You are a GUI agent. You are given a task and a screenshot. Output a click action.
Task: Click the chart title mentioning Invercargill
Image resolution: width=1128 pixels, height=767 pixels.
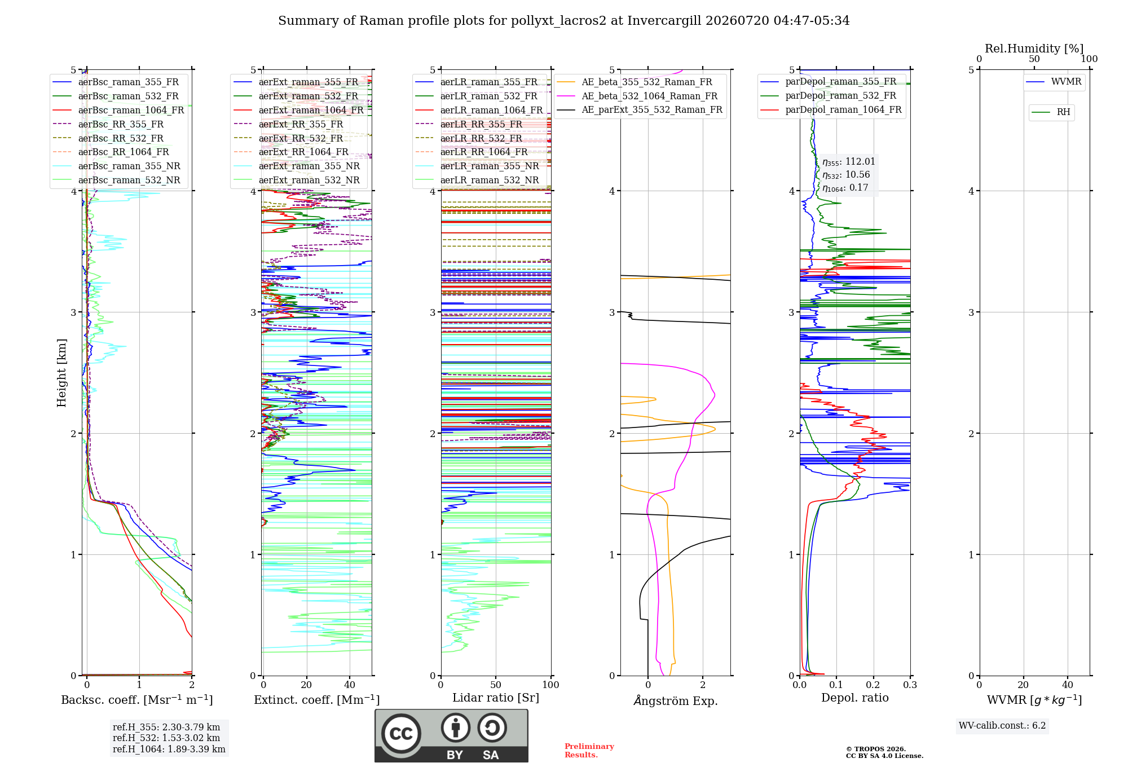pos(563,21)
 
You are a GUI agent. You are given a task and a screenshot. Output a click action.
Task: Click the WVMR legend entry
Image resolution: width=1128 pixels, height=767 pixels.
pos(1054,82)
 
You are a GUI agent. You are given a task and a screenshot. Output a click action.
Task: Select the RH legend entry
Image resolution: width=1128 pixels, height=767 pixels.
pos(1051,112)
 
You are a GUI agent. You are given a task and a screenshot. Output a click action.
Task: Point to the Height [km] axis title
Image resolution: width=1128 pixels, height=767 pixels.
pos(61,373)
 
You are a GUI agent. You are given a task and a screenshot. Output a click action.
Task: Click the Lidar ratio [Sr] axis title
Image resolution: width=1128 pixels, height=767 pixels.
pos(496,698)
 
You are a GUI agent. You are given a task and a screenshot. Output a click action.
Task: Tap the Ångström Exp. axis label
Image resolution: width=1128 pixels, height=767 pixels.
pos(676,700)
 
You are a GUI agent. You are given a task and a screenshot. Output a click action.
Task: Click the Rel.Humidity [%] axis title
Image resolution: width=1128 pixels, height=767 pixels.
pos(1034,49)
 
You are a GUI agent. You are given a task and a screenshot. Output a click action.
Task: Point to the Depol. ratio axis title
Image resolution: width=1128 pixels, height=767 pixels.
pos(855,698)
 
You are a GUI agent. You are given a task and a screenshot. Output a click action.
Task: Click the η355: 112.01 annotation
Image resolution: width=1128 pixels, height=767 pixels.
pos(849,162)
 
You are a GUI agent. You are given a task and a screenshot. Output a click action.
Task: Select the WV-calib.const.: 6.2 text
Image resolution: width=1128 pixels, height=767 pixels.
pos(1002,726)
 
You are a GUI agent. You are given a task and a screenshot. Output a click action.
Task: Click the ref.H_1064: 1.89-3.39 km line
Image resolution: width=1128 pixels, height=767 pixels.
pos(169,750)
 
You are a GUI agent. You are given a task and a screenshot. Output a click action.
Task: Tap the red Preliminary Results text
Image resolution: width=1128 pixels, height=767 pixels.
pos(589,751)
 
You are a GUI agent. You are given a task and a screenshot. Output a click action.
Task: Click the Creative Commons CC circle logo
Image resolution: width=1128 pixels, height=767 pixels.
pos(401,734)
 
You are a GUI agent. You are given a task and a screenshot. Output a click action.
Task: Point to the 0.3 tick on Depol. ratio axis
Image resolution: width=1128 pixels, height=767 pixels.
pos(910,685)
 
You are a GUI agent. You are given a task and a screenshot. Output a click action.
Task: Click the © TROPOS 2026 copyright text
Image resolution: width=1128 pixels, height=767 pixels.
pos(876,749)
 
